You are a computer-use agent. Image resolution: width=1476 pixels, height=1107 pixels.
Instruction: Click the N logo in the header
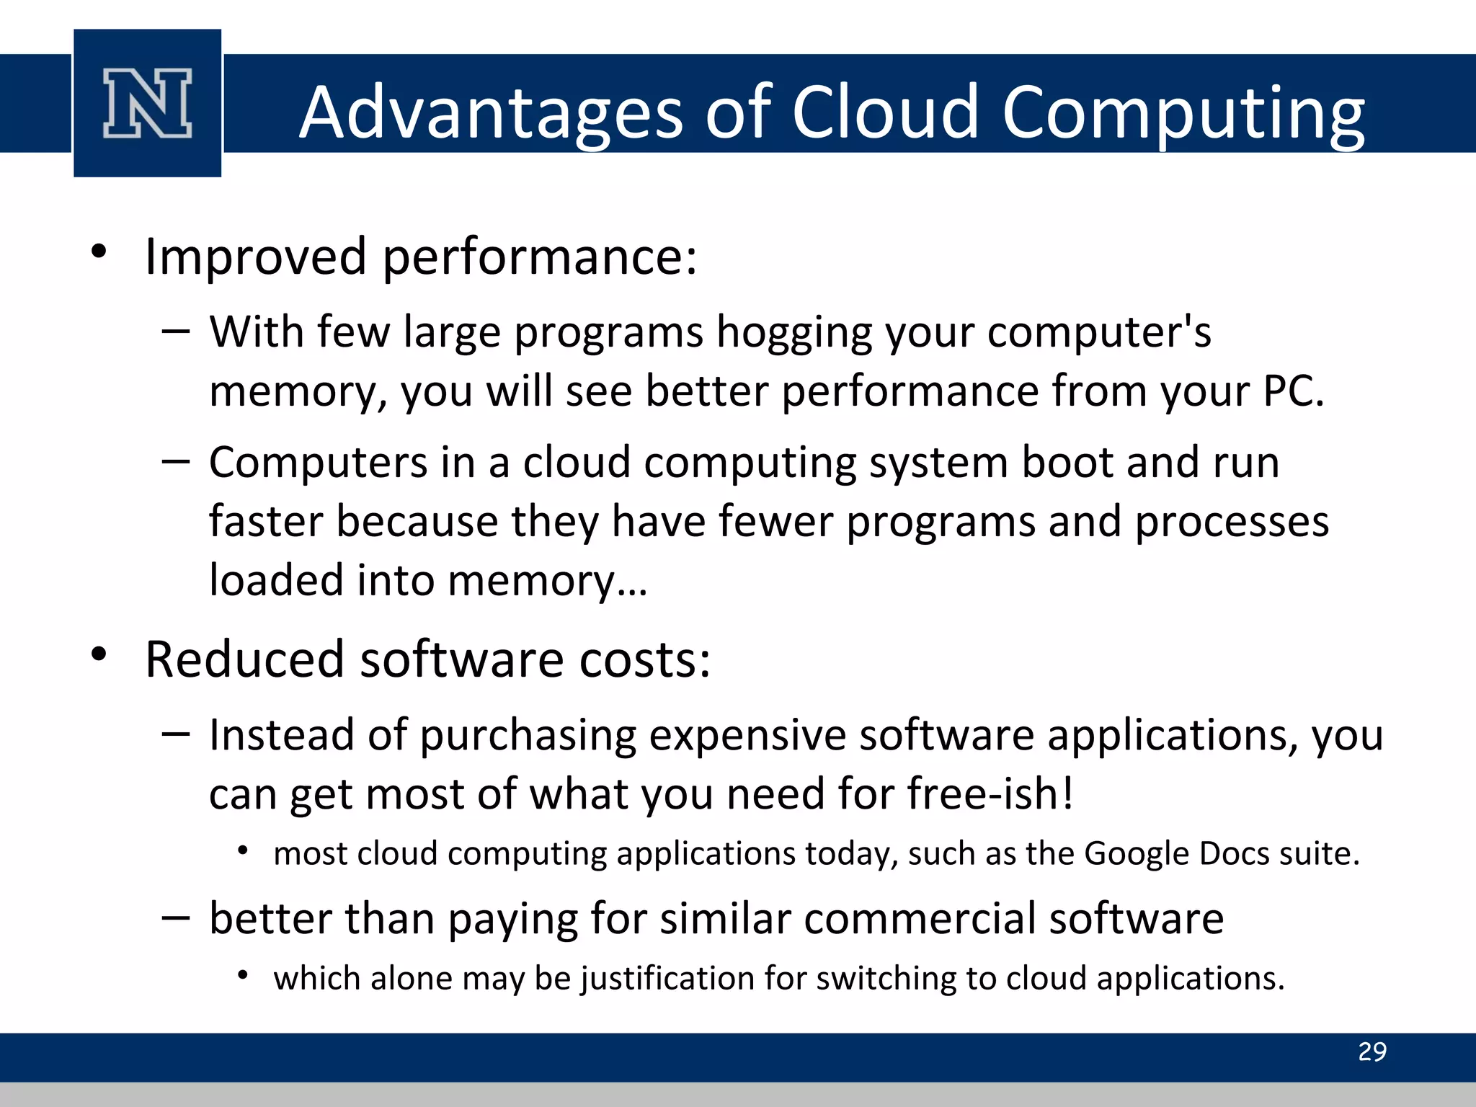[x=148, y=103]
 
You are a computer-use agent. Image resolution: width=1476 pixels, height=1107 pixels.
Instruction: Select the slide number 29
[x=1371, y=1052]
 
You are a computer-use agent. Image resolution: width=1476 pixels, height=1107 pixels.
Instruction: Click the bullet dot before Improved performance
[x=99, y=252]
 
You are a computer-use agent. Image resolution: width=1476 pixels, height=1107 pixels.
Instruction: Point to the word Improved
[x=256, y=257]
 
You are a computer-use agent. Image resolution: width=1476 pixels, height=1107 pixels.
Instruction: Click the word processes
[x=1232, y=522]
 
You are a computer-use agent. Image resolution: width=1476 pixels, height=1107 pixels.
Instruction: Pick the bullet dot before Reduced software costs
[x=99, y=654]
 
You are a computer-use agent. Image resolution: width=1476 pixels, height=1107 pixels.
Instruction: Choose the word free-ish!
[x=990, y=794]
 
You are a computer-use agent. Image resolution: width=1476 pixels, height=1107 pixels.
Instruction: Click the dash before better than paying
[x=176, y=917]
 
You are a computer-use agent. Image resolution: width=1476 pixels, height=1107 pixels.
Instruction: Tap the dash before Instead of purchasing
[x=176, y=734]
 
